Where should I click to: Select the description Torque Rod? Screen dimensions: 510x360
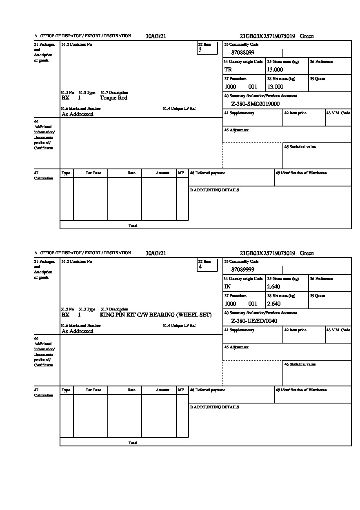tap(113, 98)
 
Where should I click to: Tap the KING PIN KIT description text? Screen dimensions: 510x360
tap(156, 315)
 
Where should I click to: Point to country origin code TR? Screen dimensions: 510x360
tap(228, 70)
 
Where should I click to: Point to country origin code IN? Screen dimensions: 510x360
tap(228, 287)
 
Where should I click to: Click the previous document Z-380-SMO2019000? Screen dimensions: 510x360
tap(255, 104)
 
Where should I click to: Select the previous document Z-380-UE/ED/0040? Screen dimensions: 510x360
tap(254, 321)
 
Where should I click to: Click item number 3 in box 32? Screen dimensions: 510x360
tap(200, 50)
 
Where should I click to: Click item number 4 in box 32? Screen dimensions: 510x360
tap(200, 267)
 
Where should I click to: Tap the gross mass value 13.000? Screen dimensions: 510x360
tap(275, 70)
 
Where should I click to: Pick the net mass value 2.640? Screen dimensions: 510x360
tap(273, 304)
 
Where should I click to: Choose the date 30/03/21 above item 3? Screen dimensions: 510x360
tap(156, 36)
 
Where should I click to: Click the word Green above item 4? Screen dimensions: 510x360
tap(307, 253)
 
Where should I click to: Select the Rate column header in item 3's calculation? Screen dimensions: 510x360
tap(131, 173)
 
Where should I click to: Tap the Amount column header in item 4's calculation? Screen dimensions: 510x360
tap(162, 390)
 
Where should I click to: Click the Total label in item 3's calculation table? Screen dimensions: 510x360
tap(133, 226)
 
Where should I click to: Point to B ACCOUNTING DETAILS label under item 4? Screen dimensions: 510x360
tap(214, 407)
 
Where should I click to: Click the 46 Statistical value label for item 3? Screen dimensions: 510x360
tap(300, 147)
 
